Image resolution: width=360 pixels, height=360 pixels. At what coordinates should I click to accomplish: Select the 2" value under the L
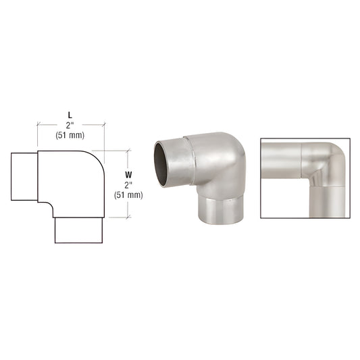click(71, 124)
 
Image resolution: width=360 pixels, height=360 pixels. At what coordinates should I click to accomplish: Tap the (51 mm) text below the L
click(71, 134)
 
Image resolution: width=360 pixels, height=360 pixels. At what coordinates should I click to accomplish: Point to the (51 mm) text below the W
click(128, 195)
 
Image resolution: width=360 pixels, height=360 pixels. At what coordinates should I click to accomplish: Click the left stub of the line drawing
click(24, 176)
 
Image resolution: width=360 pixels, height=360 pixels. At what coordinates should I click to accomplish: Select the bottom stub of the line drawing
click(78, 232)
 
